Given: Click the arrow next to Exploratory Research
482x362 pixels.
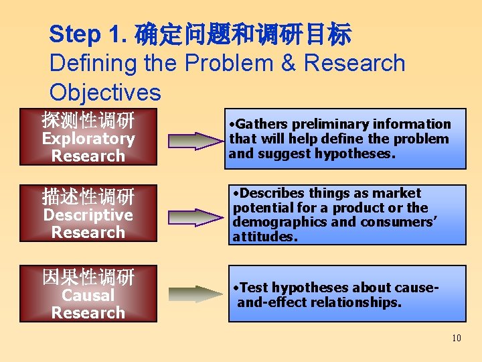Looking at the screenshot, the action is click(193, 140).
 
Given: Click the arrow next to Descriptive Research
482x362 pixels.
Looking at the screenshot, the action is click(193, 217).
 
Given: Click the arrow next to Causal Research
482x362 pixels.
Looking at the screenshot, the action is click(193, 294).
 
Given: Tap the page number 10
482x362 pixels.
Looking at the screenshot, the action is click(456, 338).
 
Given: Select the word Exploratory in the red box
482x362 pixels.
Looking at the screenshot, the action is click(88, 139).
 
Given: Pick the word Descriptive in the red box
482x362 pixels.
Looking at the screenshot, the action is click(88, 215).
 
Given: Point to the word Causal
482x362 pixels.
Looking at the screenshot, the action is click(88, 295).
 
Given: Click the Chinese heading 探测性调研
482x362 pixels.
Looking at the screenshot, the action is click(88, 121).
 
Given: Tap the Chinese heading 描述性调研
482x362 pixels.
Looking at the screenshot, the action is click(88, 197).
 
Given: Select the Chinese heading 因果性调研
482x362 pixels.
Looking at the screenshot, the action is click(88, 277).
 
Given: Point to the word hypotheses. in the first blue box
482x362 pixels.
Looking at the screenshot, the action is click(359, 154).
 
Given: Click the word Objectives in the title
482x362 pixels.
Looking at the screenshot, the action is click(105, 93).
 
